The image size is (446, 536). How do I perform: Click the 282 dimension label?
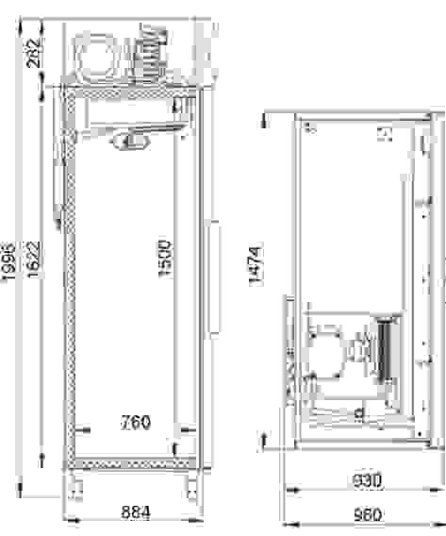coord(34,52)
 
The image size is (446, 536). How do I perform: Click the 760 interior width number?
coord(136,422)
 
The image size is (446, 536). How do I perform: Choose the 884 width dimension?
coord(136,512)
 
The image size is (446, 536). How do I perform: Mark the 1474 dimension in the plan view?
coord(256,265)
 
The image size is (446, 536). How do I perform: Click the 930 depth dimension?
coord(367,480)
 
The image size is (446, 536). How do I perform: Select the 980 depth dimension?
coord(368,514)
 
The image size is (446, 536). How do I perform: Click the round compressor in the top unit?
coord(95,57)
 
